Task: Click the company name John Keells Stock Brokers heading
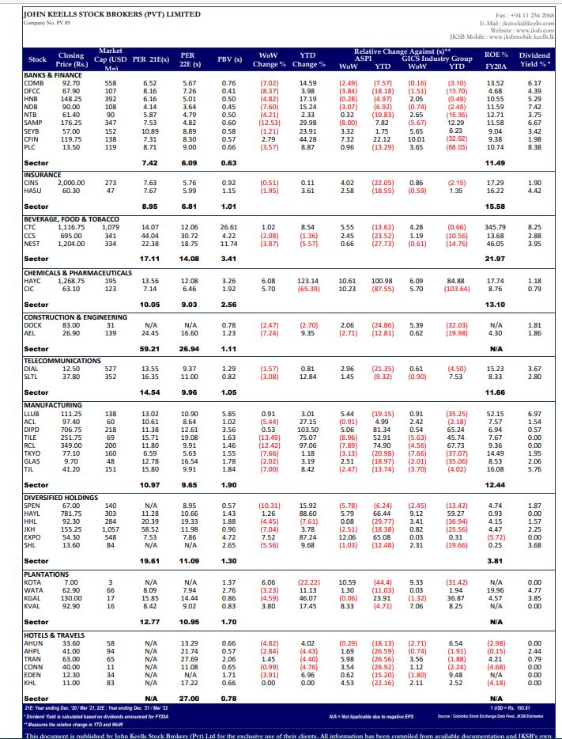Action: point(111,14)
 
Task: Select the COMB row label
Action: point(34,83)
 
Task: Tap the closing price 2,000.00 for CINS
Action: point(71,183)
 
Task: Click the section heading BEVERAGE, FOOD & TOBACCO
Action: point(71,218)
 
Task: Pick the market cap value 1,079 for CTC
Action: point(111,226)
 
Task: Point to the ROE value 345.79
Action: point(496,226)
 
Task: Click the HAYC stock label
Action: point(33,280)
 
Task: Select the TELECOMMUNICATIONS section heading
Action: point(62,359)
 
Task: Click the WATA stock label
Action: point(34,591)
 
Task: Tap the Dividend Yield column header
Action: point(534,59)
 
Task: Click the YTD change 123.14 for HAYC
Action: point(307,280)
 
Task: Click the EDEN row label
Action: point(33,673)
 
